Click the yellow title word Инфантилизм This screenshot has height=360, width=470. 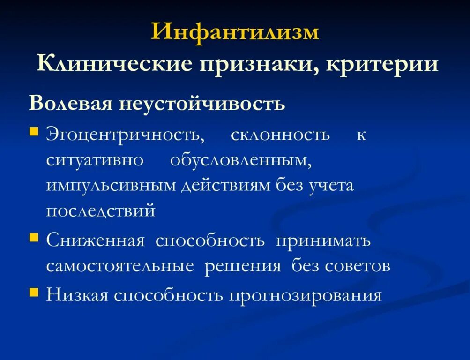click(x=235, y=33)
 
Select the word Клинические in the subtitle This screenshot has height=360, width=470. click(x=115, y=64)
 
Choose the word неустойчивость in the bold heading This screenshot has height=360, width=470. click(x=202, y=103)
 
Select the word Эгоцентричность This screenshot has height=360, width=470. click(x=125, y=135)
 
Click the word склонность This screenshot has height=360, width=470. click(x=280, y=135)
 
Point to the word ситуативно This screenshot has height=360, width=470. click(x=95, y=160)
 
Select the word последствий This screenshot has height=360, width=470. click(x=100, y=210)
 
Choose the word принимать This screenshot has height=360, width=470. click(x=323, y=241)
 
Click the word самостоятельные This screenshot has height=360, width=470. click(x=120, y=266)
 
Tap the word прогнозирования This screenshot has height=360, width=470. click(x=306, y=295)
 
